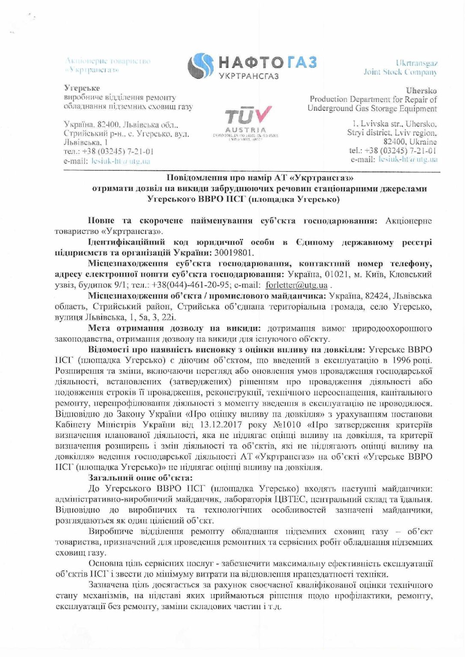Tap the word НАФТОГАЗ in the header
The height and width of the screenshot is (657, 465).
pos(267,62)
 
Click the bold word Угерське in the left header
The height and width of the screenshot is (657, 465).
pos(82,88)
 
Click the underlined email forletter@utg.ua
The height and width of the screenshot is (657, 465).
pos(296,285)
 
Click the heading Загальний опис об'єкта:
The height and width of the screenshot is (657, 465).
pos(140,478)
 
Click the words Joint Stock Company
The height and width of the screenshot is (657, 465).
pos(400,72)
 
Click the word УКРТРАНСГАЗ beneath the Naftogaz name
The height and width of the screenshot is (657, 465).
pos(249,76)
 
